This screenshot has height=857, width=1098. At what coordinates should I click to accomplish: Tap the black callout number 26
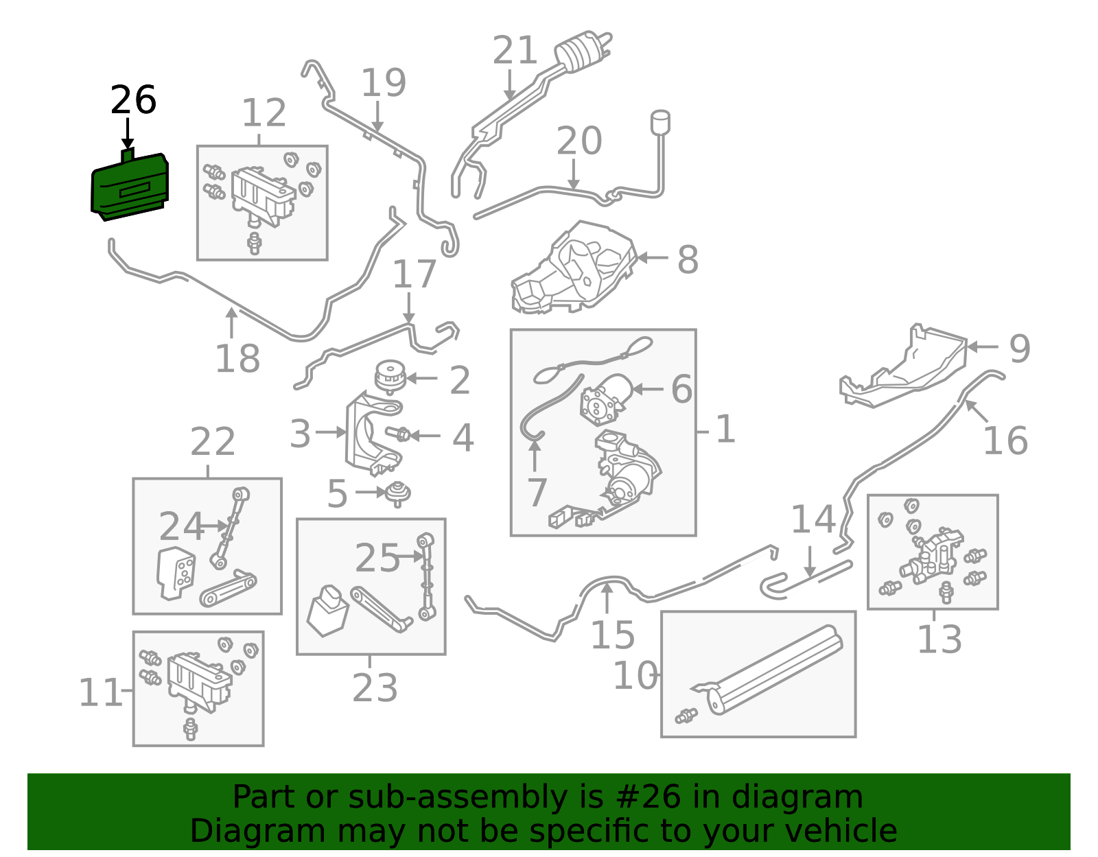(133, 100)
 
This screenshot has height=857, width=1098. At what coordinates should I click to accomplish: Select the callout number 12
(264, 113)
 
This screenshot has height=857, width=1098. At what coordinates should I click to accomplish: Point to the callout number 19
(384, 83)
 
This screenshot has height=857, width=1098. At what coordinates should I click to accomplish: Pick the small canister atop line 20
(660, 122)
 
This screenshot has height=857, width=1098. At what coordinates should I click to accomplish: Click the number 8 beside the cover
(688, 260)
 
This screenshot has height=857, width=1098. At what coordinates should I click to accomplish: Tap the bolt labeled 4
(399, 434)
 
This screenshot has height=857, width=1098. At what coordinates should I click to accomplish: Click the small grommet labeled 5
(398, 492)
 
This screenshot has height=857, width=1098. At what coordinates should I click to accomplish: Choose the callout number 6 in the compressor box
(681, 389)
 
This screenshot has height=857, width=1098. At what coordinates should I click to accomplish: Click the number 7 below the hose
(537, 492)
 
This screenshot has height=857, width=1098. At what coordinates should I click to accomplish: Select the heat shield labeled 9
(906, 367)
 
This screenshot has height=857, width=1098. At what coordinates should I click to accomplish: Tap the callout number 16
(1005, 441)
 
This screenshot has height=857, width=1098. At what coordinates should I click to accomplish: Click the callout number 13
(939, 639)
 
